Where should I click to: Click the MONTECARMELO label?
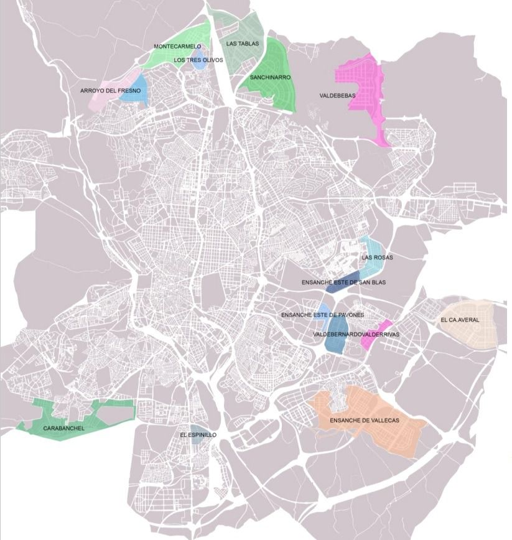tap(177, 47)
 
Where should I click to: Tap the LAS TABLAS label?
tap(240, 44)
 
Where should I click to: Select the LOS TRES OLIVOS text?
tap(198, 60)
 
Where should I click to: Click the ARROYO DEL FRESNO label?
tap(110, 91)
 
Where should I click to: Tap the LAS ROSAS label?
tap(377, 257)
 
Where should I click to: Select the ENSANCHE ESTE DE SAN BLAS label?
tap(343, 282)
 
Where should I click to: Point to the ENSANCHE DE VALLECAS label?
tap(364, 421)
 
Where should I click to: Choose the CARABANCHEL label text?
tap(63, 429)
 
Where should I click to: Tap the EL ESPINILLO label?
tap(198, 435)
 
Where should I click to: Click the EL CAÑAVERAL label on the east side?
tap(460, 320)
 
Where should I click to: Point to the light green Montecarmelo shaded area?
tap(168, 56)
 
